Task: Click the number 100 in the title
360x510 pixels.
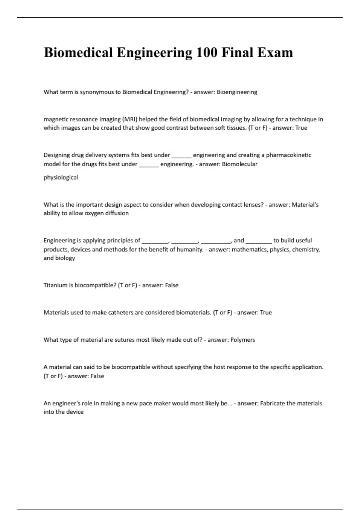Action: (206, 52)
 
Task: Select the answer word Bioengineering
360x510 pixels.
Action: (237, 92)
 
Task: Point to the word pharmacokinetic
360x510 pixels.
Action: (289, 155)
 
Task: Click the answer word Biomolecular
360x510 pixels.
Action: (239, 164)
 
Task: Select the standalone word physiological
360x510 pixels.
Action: (61, 178)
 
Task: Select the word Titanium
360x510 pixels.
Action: (55, 285)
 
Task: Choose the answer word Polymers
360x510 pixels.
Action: (243, 340)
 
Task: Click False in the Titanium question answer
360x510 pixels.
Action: (172, 285)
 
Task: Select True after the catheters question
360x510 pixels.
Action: (266, 313)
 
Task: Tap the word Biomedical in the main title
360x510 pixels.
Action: (78, 52)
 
